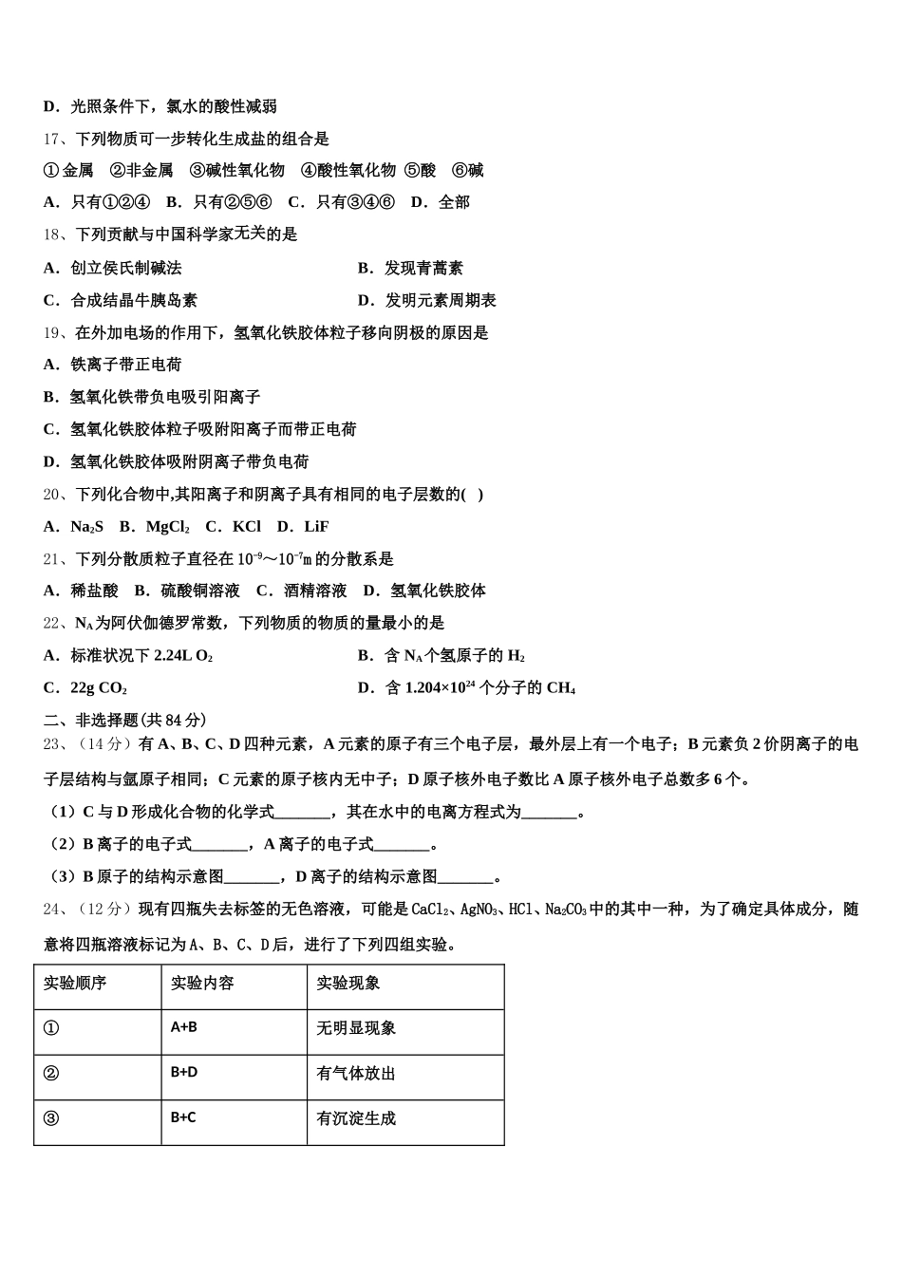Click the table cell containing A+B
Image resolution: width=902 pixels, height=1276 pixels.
coord(184,1027)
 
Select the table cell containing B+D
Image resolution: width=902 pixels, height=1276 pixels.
coord(184,1073)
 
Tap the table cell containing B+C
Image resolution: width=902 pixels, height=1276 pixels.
coord(183,1117)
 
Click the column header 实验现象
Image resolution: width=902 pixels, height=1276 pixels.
coord(348,983)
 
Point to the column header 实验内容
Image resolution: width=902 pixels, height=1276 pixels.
coord(202,983)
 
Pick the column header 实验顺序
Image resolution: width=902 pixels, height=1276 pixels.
coord(75,983)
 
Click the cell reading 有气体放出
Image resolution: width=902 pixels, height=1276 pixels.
coord(356,1074)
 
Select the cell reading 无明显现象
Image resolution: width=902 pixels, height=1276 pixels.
coord(356,1028)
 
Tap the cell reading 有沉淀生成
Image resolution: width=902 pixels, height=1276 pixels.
coord(356,1118)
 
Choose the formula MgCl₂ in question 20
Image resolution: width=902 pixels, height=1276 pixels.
coord(167,527)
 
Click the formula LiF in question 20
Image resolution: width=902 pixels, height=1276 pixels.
coord(316,527)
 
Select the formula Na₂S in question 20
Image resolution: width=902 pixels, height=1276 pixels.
coord(87,527)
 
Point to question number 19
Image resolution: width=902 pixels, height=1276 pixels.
coord(53,333)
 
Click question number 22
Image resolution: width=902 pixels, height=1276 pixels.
coord(53,624)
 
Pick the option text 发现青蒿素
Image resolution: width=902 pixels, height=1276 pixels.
coord(423,269)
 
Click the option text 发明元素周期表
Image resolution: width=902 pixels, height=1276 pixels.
coord(441,301)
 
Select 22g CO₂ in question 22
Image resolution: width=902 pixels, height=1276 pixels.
coord(99,688)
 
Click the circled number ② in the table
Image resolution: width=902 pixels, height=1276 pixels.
coord(51,1074)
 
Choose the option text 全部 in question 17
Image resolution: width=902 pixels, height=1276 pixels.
coord(454,202)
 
